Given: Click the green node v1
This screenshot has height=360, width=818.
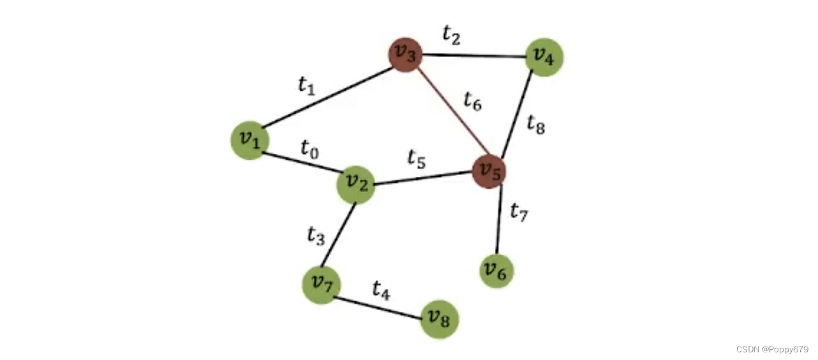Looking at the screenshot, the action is pos(249,140).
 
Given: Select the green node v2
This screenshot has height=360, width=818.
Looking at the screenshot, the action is pos(355,184).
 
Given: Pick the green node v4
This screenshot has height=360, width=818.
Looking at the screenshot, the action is pos(544,57).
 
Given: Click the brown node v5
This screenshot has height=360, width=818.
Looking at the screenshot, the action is pos(489,171).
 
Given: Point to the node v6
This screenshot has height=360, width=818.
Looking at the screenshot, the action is pos(496,271).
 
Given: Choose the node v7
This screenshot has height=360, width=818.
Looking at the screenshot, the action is pos(321,285).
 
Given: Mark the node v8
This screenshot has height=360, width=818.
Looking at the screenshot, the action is pos(440,319).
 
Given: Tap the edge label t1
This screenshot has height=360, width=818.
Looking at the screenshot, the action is pos(307,86).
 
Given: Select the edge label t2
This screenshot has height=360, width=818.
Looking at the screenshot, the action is pos(452,36).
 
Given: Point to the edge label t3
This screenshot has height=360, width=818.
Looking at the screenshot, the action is pos(316,236).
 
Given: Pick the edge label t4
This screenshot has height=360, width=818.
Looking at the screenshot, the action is pos(381,290).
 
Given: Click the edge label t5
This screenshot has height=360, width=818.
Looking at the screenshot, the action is pos(417,160).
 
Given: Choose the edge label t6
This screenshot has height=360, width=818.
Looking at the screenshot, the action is pos(472,101).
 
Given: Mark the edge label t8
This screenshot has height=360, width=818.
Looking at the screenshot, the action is pos(536,124).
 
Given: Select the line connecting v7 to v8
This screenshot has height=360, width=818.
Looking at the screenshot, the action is pos(380,308).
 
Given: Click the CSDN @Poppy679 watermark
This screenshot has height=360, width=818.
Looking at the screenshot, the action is pos(772,349).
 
